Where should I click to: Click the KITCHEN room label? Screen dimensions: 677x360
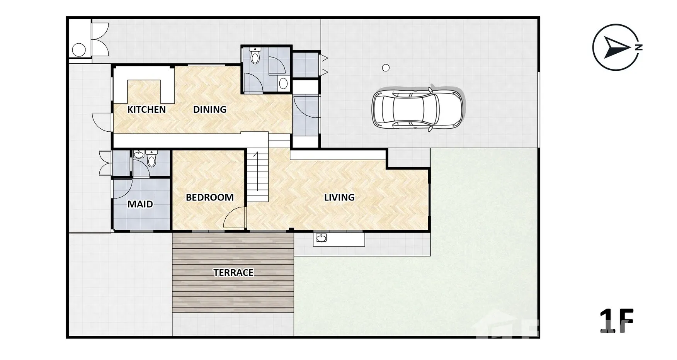point(146,110)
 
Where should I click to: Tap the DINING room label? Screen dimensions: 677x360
point(210,110)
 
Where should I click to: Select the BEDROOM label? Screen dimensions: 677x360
point(210,197)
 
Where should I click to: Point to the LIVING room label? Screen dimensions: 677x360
point(339,197)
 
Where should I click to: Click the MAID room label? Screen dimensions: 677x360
point(140,204)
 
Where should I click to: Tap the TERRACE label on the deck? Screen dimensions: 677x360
point(233,273)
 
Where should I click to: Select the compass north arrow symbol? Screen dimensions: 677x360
point(617,48)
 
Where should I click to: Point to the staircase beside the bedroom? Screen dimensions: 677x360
point(258,176)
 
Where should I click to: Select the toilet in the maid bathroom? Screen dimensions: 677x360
point(151,159)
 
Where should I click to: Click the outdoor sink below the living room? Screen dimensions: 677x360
point(321,238)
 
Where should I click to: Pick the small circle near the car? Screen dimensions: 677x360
point(386,68)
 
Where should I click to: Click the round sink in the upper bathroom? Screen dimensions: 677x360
point(283,83)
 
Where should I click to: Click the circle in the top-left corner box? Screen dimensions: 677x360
point(79,50)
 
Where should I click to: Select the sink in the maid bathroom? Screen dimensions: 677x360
point(139,155)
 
